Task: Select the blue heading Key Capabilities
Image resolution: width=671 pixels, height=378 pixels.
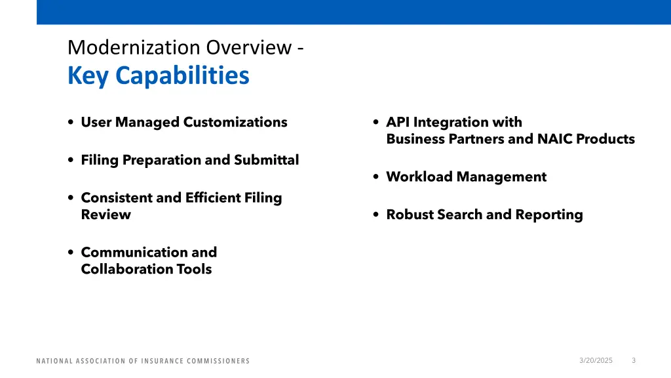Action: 158,76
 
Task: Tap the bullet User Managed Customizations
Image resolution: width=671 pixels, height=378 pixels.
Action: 183,122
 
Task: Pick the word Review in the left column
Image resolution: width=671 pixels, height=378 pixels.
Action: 105,215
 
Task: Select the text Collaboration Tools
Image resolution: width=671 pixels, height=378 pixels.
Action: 146,269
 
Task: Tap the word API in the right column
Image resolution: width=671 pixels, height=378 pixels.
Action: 398,122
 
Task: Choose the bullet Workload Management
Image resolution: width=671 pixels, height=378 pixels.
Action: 466,177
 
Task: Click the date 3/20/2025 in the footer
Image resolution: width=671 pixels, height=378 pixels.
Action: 596,360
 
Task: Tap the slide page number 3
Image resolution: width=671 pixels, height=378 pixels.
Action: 634,360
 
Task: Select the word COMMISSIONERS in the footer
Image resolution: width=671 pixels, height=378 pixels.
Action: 219,361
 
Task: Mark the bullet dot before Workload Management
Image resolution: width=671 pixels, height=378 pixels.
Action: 375,177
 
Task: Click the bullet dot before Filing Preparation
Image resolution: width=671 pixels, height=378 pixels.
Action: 70,161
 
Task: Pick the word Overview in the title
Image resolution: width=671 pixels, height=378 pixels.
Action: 246,48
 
